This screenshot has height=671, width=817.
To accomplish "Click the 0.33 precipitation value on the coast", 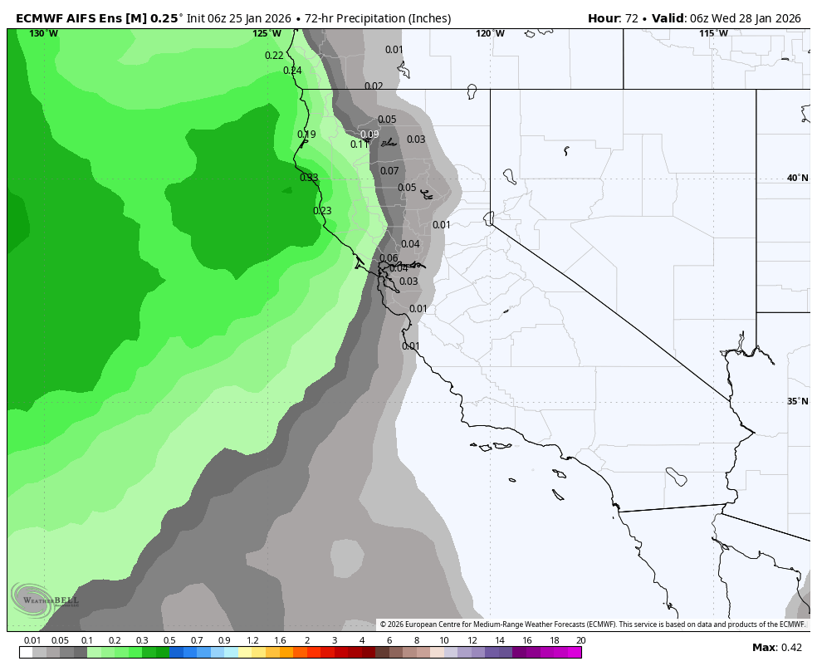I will click(309, 178).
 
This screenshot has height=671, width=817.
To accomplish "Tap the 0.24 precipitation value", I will click(292, 71).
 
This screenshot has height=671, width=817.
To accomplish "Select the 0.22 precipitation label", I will click(274, 56).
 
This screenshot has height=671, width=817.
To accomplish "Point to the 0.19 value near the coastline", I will click(306, 135).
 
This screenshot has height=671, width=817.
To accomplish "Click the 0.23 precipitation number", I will click(322, 211).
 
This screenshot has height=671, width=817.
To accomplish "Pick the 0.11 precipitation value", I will click(359, 144).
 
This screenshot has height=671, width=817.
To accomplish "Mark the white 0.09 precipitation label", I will click(369, 135).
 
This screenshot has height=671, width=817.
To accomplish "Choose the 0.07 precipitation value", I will click(389, 171).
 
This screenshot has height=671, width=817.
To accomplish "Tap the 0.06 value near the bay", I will click(389, 258).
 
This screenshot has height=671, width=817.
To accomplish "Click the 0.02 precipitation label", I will click(374, 86).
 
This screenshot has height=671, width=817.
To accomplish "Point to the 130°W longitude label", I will click(43, 33).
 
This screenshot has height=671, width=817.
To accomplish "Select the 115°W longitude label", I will click(713, 33).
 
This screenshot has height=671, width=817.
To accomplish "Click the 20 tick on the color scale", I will click(580, 640).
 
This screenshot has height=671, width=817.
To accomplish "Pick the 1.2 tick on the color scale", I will click(252, 640).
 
